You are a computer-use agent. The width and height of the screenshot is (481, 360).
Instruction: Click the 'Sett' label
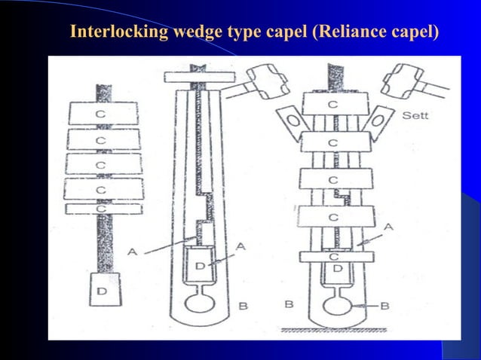point(415,117)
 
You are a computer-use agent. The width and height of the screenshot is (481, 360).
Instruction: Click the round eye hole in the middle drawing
point(199,303)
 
